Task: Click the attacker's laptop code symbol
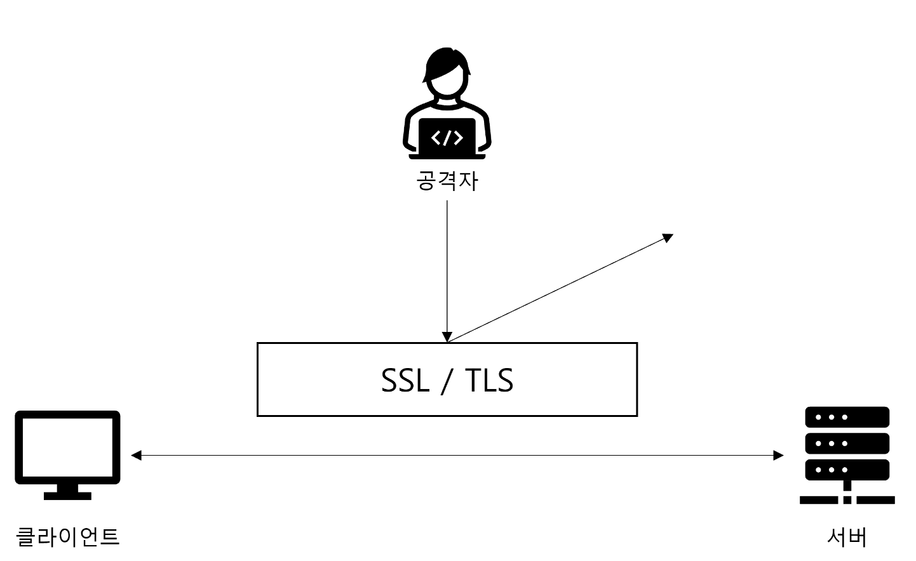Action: click(x=447, y=137)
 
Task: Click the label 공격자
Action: click(x=447, y=181)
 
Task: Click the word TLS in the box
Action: click(x=489, y=380)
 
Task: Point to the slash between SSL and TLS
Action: click(x=447, y=380)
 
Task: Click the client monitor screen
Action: click(x=67, y=447)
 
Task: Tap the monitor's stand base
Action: click(x=67, y=496)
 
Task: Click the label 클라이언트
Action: click(x=67, y=536)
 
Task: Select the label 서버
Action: click(x=847, y=536)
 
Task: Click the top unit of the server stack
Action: click(x=847, y=417)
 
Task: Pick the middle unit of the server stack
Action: click(x=847, y=443)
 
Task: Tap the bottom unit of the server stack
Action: click(x=847, y=470)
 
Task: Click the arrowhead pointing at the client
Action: click(x=135, y=455)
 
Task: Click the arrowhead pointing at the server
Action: click(x=779, y=455)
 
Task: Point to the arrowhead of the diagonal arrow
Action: click(x=668, y=237)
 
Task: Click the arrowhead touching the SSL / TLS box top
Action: click(x=447, y=337)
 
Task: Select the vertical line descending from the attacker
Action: click(x=447, y=267)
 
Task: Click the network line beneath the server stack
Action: click(x=847, y=499)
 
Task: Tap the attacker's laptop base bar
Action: click(x=447, y=156)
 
